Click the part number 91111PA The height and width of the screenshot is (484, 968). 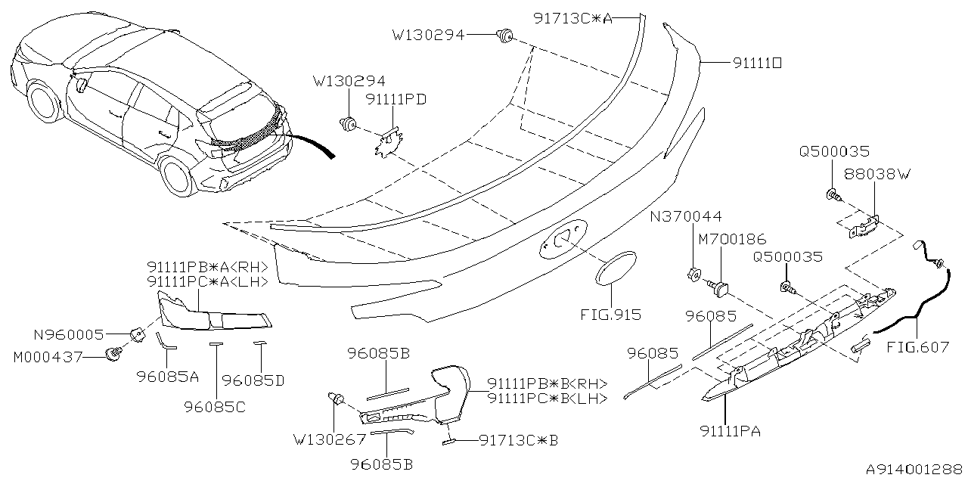coord(731,431)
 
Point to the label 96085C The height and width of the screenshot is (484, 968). coord(214,405)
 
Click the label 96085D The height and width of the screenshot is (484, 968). coord(254,381)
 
